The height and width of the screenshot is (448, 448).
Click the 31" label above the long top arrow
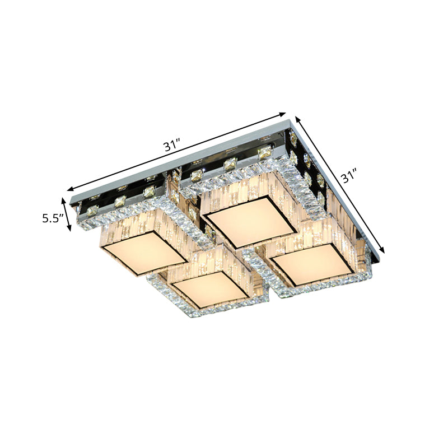point(170,147)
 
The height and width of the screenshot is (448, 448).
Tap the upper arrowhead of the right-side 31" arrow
point(297,118)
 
